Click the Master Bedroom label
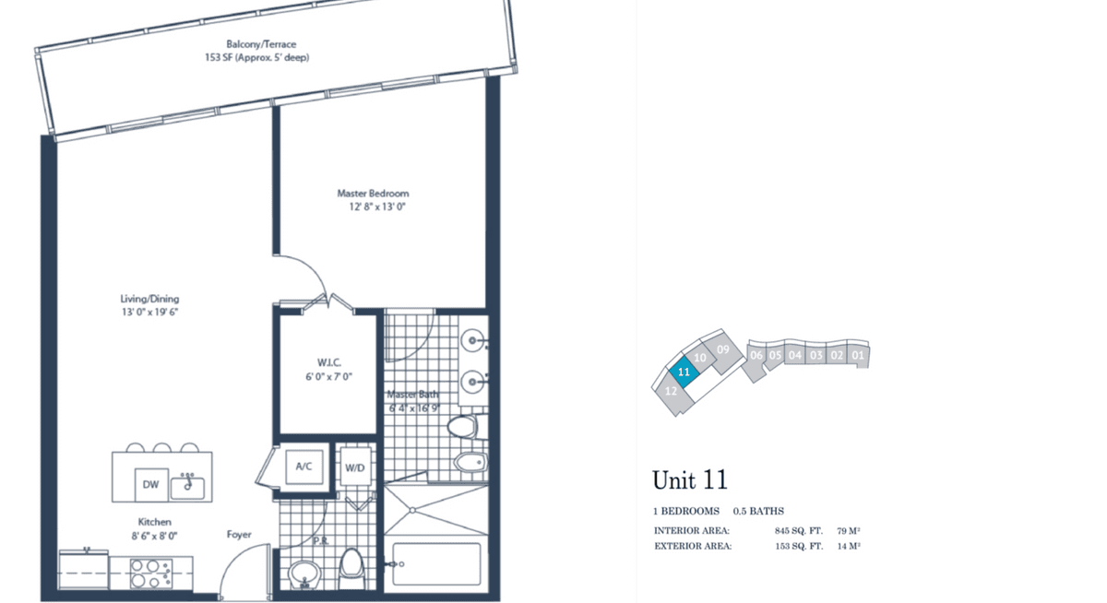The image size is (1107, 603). (x=373, y=193)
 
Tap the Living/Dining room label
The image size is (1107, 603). (x=149, y=299)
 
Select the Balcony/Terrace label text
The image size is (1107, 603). (x=261, y=44)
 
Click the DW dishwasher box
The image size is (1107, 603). (x=151, y=484)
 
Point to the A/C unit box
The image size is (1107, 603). (x=304, y=467)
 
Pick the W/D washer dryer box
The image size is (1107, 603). (x=355, y=467)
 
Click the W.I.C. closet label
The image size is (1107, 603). (x=329, y=362)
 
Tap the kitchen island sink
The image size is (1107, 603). (x=187, y=487)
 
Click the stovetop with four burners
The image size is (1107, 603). (x=151, y=573)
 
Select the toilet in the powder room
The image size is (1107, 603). (x=351, y=568)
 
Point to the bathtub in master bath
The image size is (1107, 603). (x=437, y=564)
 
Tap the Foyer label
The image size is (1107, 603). (x=239, y=534)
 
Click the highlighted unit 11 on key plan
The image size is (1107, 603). (x=684, y=371)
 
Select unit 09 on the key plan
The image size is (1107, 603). (x=722, y=350)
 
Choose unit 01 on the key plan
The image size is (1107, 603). (x=859, y=355)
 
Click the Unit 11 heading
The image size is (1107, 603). (x=690, y=479)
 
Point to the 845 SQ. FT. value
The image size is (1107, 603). (x=799, y=531)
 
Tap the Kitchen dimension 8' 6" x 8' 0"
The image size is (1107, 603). (x=154, y=536)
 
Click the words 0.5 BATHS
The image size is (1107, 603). (x=758, y=511)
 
